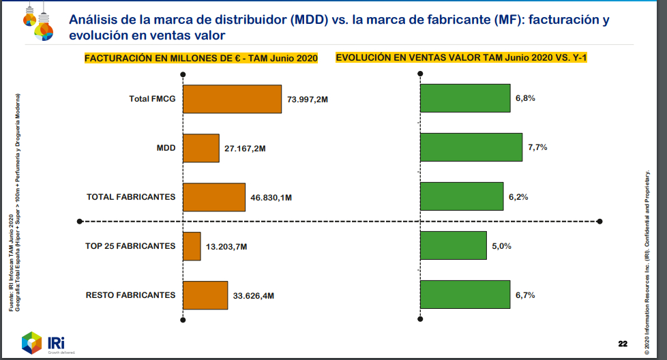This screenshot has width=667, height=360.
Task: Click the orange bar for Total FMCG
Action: coord(232,99)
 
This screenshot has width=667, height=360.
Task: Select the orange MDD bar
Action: coord(201,148)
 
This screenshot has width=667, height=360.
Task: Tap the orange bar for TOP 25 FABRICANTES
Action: coord(192,246)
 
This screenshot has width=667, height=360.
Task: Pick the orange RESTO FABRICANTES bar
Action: coord(205,295)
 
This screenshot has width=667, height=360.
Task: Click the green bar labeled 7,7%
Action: coord(471,147)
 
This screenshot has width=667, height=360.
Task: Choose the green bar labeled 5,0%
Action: coord(454,246)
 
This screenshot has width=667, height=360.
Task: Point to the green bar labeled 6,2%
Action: coord(462,196)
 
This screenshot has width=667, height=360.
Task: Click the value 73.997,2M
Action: coord(308,100)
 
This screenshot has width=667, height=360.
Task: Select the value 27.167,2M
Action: coord(245,149)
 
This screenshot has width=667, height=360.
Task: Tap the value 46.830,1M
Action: coord(271,198)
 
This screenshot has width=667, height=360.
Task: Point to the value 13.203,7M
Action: coord(227,247)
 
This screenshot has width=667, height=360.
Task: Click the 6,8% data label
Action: coord(525,98)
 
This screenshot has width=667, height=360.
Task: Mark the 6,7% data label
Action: coord(525,295)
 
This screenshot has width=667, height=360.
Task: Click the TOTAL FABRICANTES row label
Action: coord(131,197)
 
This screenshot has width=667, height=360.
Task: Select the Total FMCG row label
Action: coord(152,99)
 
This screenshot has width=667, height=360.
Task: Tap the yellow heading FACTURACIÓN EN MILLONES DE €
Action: coord(201,59)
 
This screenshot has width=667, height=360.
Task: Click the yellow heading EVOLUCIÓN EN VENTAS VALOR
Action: coord(462,59)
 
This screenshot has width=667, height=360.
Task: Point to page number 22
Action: coord(623,342)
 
